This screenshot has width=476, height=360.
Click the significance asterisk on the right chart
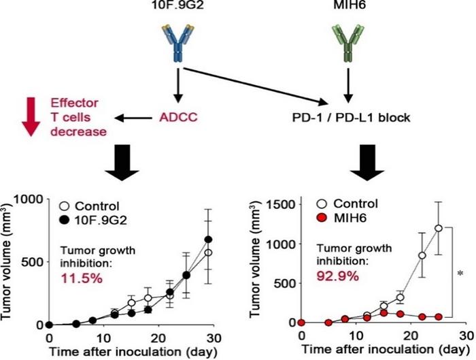coord(462,274)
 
